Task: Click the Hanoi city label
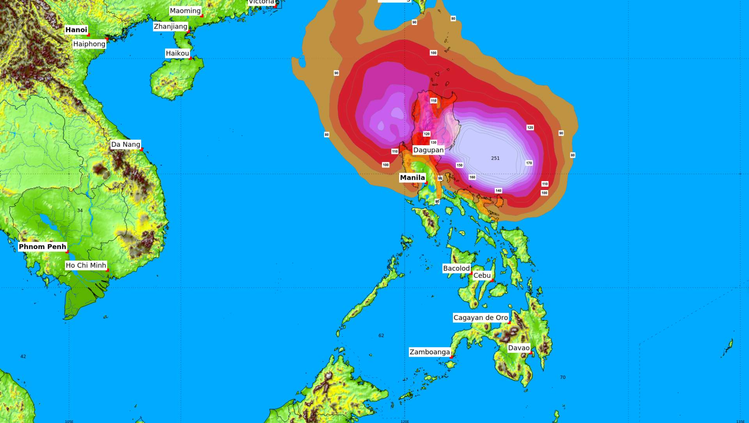pyautogui.click(x=76, y=30)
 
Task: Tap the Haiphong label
pyautogui.click(x=89, y=44)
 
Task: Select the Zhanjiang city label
pyautogui.click(x=170, y=27)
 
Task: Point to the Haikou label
pyautogui.click(x=177, y=53)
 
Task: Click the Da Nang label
pyautogui.click(x=126, y=144)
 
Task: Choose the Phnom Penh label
pyautogui.click(x=43, y=247)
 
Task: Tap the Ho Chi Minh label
pyautogui.click(x=86, y=265)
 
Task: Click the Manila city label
pyautogui.click(x=412, y=178)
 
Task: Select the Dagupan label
pyautogui.click(x=428, y=150)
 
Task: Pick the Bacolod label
pyautogui.click(x=456, y=268)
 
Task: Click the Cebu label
pyautogui.click(x=482, y=275)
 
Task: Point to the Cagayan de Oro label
pyautogui.click(x=481, y=318)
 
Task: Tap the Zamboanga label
pyautogui.click(x=430, y=352)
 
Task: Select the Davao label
pyautogui.click(x=519, y=348)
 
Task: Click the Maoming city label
pyautogui.click(x=185, y=11)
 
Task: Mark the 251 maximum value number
pyautogui.click(x=495, y=158)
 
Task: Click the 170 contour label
pyautogui.click(x=529, y=163)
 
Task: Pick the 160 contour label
pyautogui.click(x=472, y=177)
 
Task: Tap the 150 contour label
pyautogui.click(x=460, y=165)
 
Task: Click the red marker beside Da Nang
pyautogui.click(x=142, y=149)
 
